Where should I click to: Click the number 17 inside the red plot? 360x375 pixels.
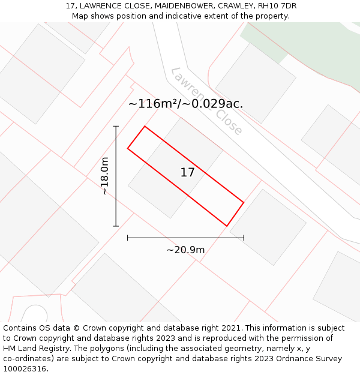pyautogui.click(x=187, y=173)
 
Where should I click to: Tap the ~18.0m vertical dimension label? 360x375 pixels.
pyautogui.click(x=105, y=176)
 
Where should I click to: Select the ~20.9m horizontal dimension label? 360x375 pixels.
pyautogui.click(x=185, y=250)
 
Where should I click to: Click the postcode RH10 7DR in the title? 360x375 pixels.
pyautogui.click(x=277, y=6)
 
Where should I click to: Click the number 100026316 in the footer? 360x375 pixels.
pyautogui.click(x=25, y=369)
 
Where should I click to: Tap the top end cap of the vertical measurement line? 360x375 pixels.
pyautogui.click(x=116, y=127)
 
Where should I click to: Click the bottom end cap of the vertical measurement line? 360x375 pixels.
pyautogui.click(x=116, y=226)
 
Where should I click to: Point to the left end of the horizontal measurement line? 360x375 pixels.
pyautogui.click(x=128, y=238)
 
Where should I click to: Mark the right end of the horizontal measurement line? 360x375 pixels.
pyautogui.click(x=244, y=238)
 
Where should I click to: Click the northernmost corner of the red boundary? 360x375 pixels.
pyautogui.click(x=145, y=127)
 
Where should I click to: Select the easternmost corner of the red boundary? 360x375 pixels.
pyautogui.click(x=244, y=202)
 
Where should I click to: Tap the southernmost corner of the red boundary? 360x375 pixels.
pyautogui.click(x=227, y=226)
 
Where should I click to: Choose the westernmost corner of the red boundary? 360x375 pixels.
pyautogui.click(x=128, y=148)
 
